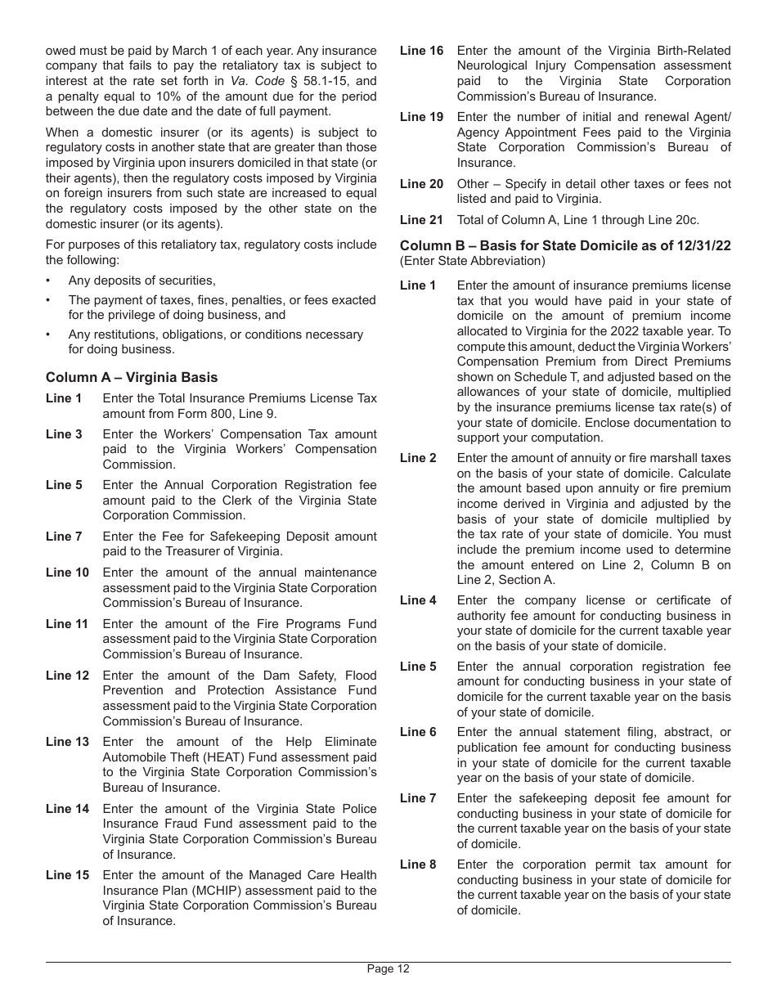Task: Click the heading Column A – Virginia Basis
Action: coord(132,378)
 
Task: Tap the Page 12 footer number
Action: coord(388,969)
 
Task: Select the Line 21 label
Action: coord(421,220)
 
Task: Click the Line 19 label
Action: coord(421,117)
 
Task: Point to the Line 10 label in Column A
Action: coord(67,573)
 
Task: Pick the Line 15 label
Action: coord(67,875)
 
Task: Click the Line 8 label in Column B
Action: coord(418,865)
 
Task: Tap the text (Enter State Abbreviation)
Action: coord(472,262)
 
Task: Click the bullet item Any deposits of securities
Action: coord(141,281)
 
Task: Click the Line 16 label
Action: coord(421,51)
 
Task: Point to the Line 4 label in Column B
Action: coord(418,600)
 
